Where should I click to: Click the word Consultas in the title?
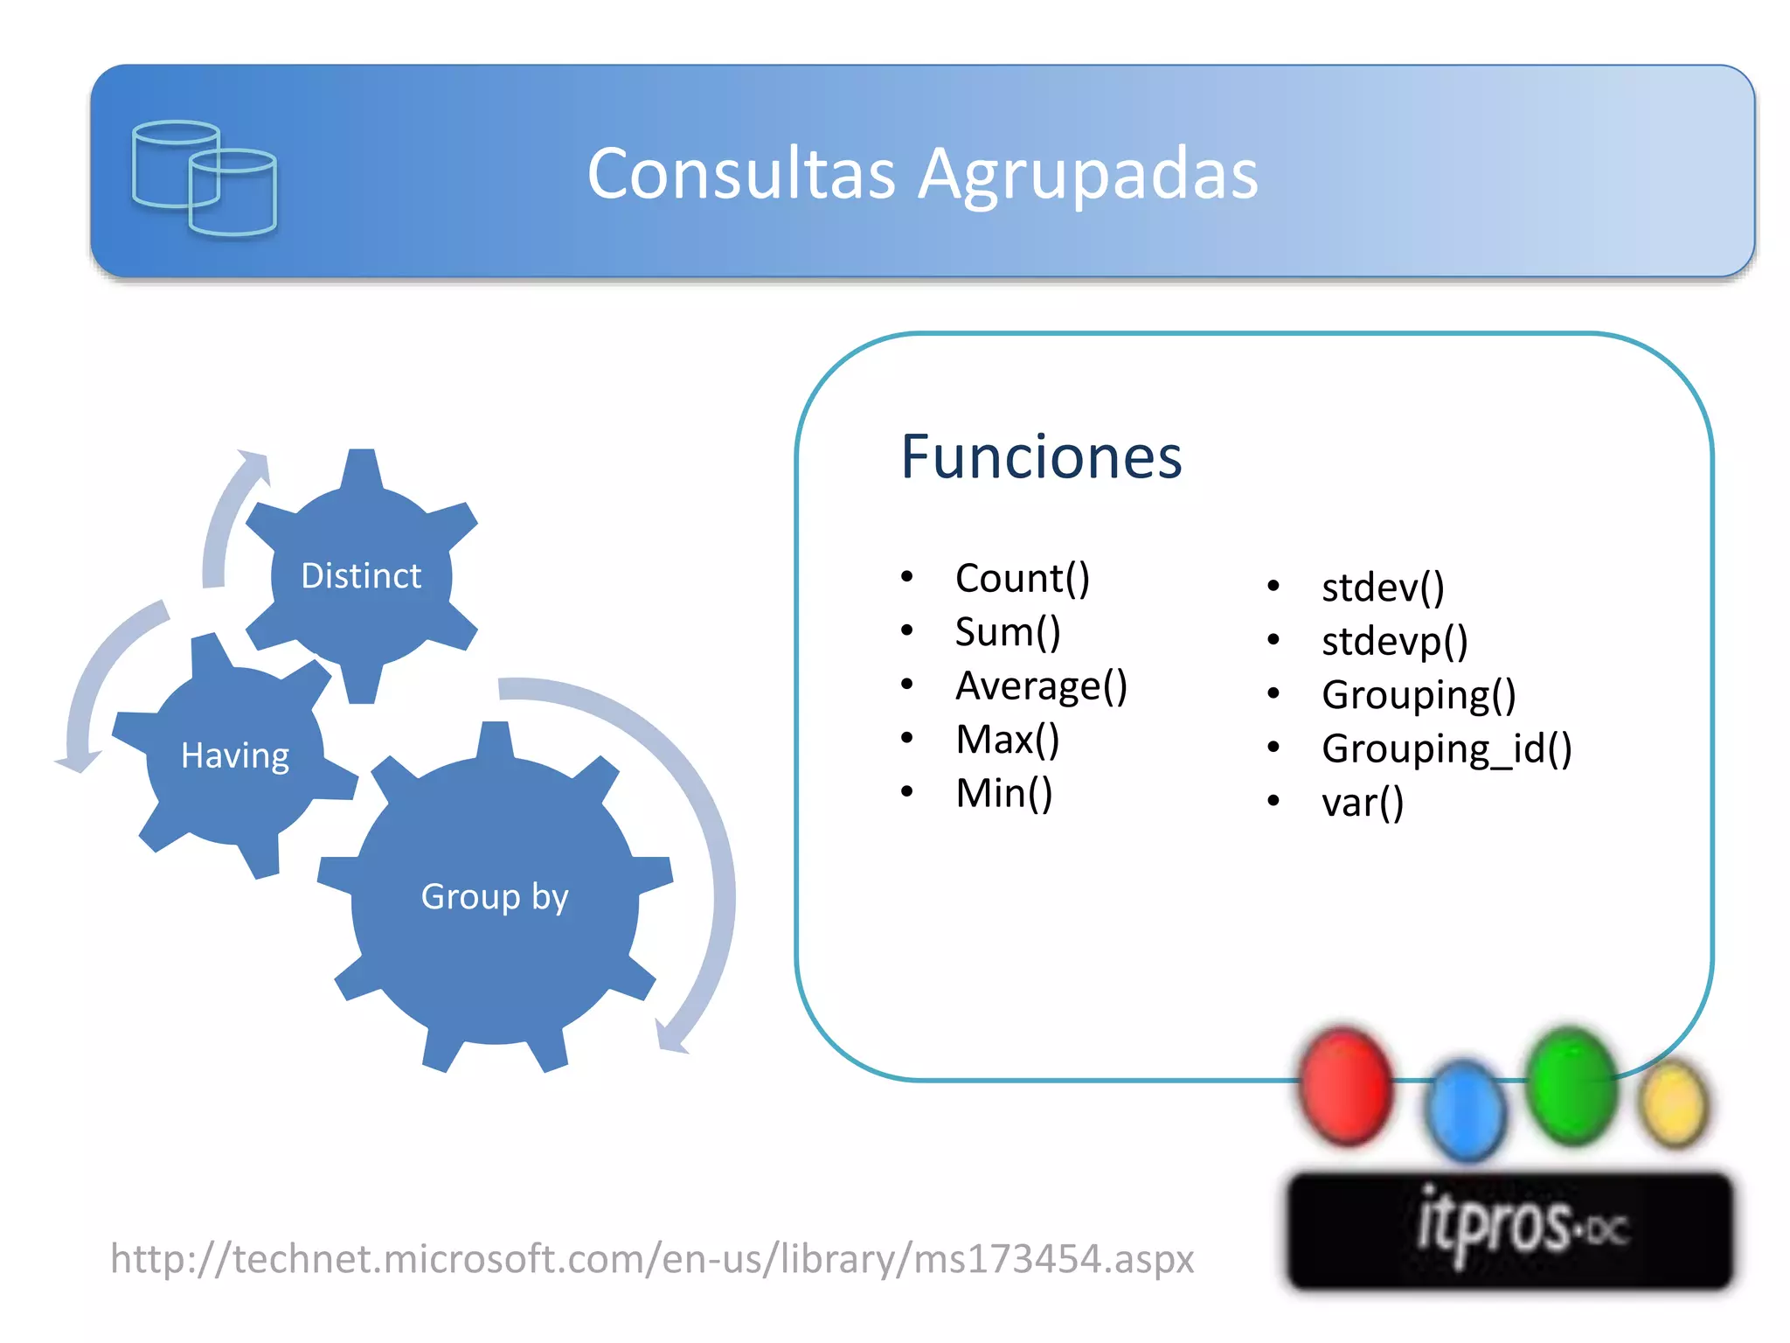click(x=741, y=173)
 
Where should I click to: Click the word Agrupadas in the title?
click(x=1088, y=175)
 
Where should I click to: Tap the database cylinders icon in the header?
click(x=205, y=177)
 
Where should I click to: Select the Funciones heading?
click(x=1041, y=456)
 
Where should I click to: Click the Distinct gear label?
click(x=361, y=576)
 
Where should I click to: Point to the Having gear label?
click(x=234, y=755)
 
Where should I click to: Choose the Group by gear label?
click(x=495, y=897)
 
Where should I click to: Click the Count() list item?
click(x=1022, y=578)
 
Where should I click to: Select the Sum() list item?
click(x=1007, y=632)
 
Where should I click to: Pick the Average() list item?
click(x=1041, y=685)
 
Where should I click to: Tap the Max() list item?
click(x=1007, y=740)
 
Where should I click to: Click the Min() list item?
click(x=1003, y=794)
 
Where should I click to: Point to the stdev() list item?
click(x=1382, y=587)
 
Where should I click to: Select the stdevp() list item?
click(x=1394, y=641)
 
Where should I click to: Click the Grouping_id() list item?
click(x=1447, y=748)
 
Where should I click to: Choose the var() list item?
click(x=1362, y=803)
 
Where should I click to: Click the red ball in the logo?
click(x=1345, y=1085)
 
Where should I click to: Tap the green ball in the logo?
click(x=1571, y=1085)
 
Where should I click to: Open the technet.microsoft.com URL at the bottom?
click(x=652, y=1259)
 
